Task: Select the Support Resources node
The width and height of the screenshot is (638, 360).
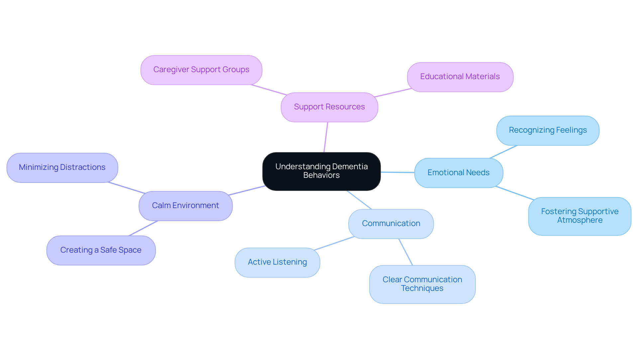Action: [329, 107]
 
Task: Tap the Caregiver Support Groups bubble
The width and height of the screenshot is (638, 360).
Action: [201, 70]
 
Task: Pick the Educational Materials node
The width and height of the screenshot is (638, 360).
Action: [460, 77]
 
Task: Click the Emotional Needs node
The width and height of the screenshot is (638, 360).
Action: [458, 173]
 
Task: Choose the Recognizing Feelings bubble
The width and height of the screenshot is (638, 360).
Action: [548, 130]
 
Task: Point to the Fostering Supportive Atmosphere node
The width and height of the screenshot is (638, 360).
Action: [580, 216]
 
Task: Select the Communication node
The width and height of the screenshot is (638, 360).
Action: [391, 224]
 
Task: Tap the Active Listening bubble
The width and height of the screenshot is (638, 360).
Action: [277, 262]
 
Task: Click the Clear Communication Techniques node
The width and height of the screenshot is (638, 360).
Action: [422, 284]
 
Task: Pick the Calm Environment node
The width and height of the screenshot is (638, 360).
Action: [185, 206]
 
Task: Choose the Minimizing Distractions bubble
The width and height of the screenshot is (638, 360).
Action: [62, 168]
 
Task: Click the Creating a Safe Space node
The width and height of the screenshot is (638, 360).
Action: [101, 250]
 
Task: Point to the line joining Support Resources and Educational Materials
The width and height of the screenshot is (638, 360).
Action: [393, 93]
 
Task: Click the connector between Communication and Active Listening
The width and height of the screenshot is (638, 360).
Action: [334, 243]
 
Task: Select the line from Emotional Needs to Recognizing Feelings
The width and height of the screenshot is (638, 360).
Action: [503, 152]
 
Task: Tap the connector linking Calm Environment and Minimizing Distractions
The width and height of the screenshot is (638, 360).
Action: [126, 187]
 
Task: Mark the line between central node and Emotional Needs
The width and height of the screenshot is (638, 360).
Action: [397, 172]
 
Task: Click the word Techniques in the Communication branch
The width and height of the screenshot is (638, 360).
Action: [422, 289]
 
